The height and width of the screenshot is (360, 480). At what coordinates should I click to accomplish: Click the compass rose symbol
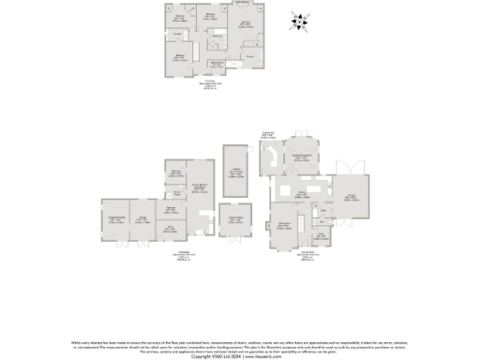(x=299, y=22)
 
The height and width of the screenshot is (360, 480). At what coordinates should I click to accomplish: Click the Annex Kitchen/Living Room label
(x=199, y=187)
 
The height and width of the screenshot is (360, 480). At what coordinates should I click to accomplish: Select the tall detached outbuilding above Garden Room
(x=235, y=172)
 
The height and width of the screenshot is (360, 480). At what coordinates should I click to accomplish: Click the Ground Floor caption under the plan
(x=307, y=255)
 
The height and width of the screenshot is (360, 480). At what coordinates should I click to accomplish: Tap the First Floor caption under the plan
(x=210, y=86)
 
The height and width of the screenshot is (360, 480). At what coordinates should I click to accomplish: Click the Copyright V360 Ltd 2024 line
(x=240, y=356)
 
